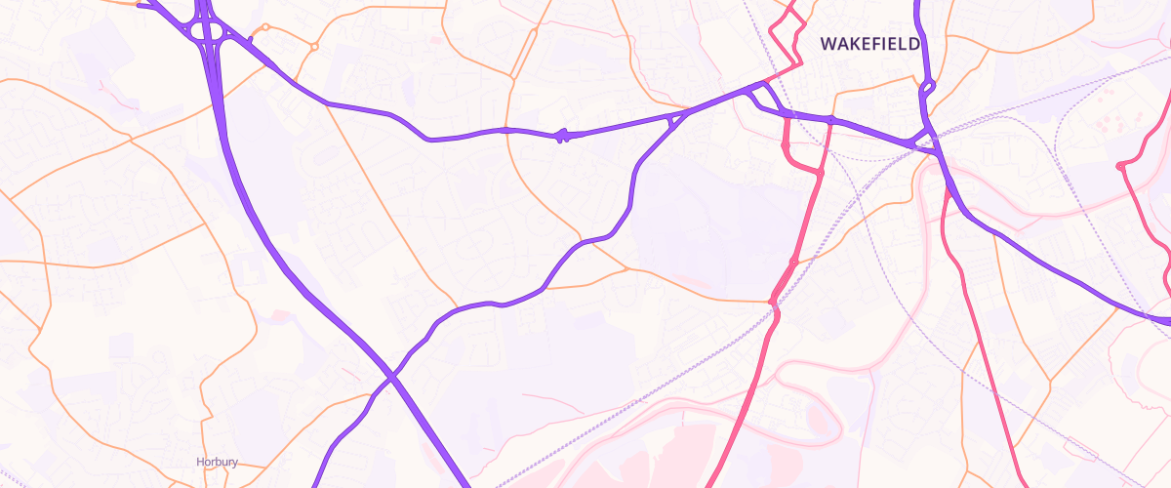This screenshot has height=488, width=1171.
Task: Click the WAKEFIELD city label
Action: (x=869, y=44)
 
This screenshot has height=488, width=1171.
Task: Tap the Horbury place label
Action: (x=217, y=463)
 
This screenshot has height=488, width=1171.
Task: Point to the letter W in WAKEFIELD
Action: (x=828, y=44)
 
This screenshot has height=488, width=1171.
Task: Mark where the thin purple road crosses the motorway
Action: (x=390, y=377)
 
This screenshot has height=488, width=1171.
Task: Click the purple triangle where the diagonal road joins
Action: (x=673, y=120)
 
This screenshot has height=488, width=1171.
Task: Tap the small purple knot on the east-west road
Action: (x=561, y=137)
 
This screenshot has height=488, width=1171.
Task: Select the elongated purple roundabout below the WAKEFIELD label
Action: (x=927, y=87)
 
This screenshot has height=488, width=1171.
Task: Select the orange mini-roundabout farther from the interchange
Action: (x=314, y=46)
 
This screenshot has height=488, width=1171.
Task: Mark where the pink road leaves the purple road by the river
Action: (x=947, y=188)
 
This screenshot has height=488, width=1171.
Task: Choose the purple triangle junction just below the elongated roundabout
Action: (x=923, y=136)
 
